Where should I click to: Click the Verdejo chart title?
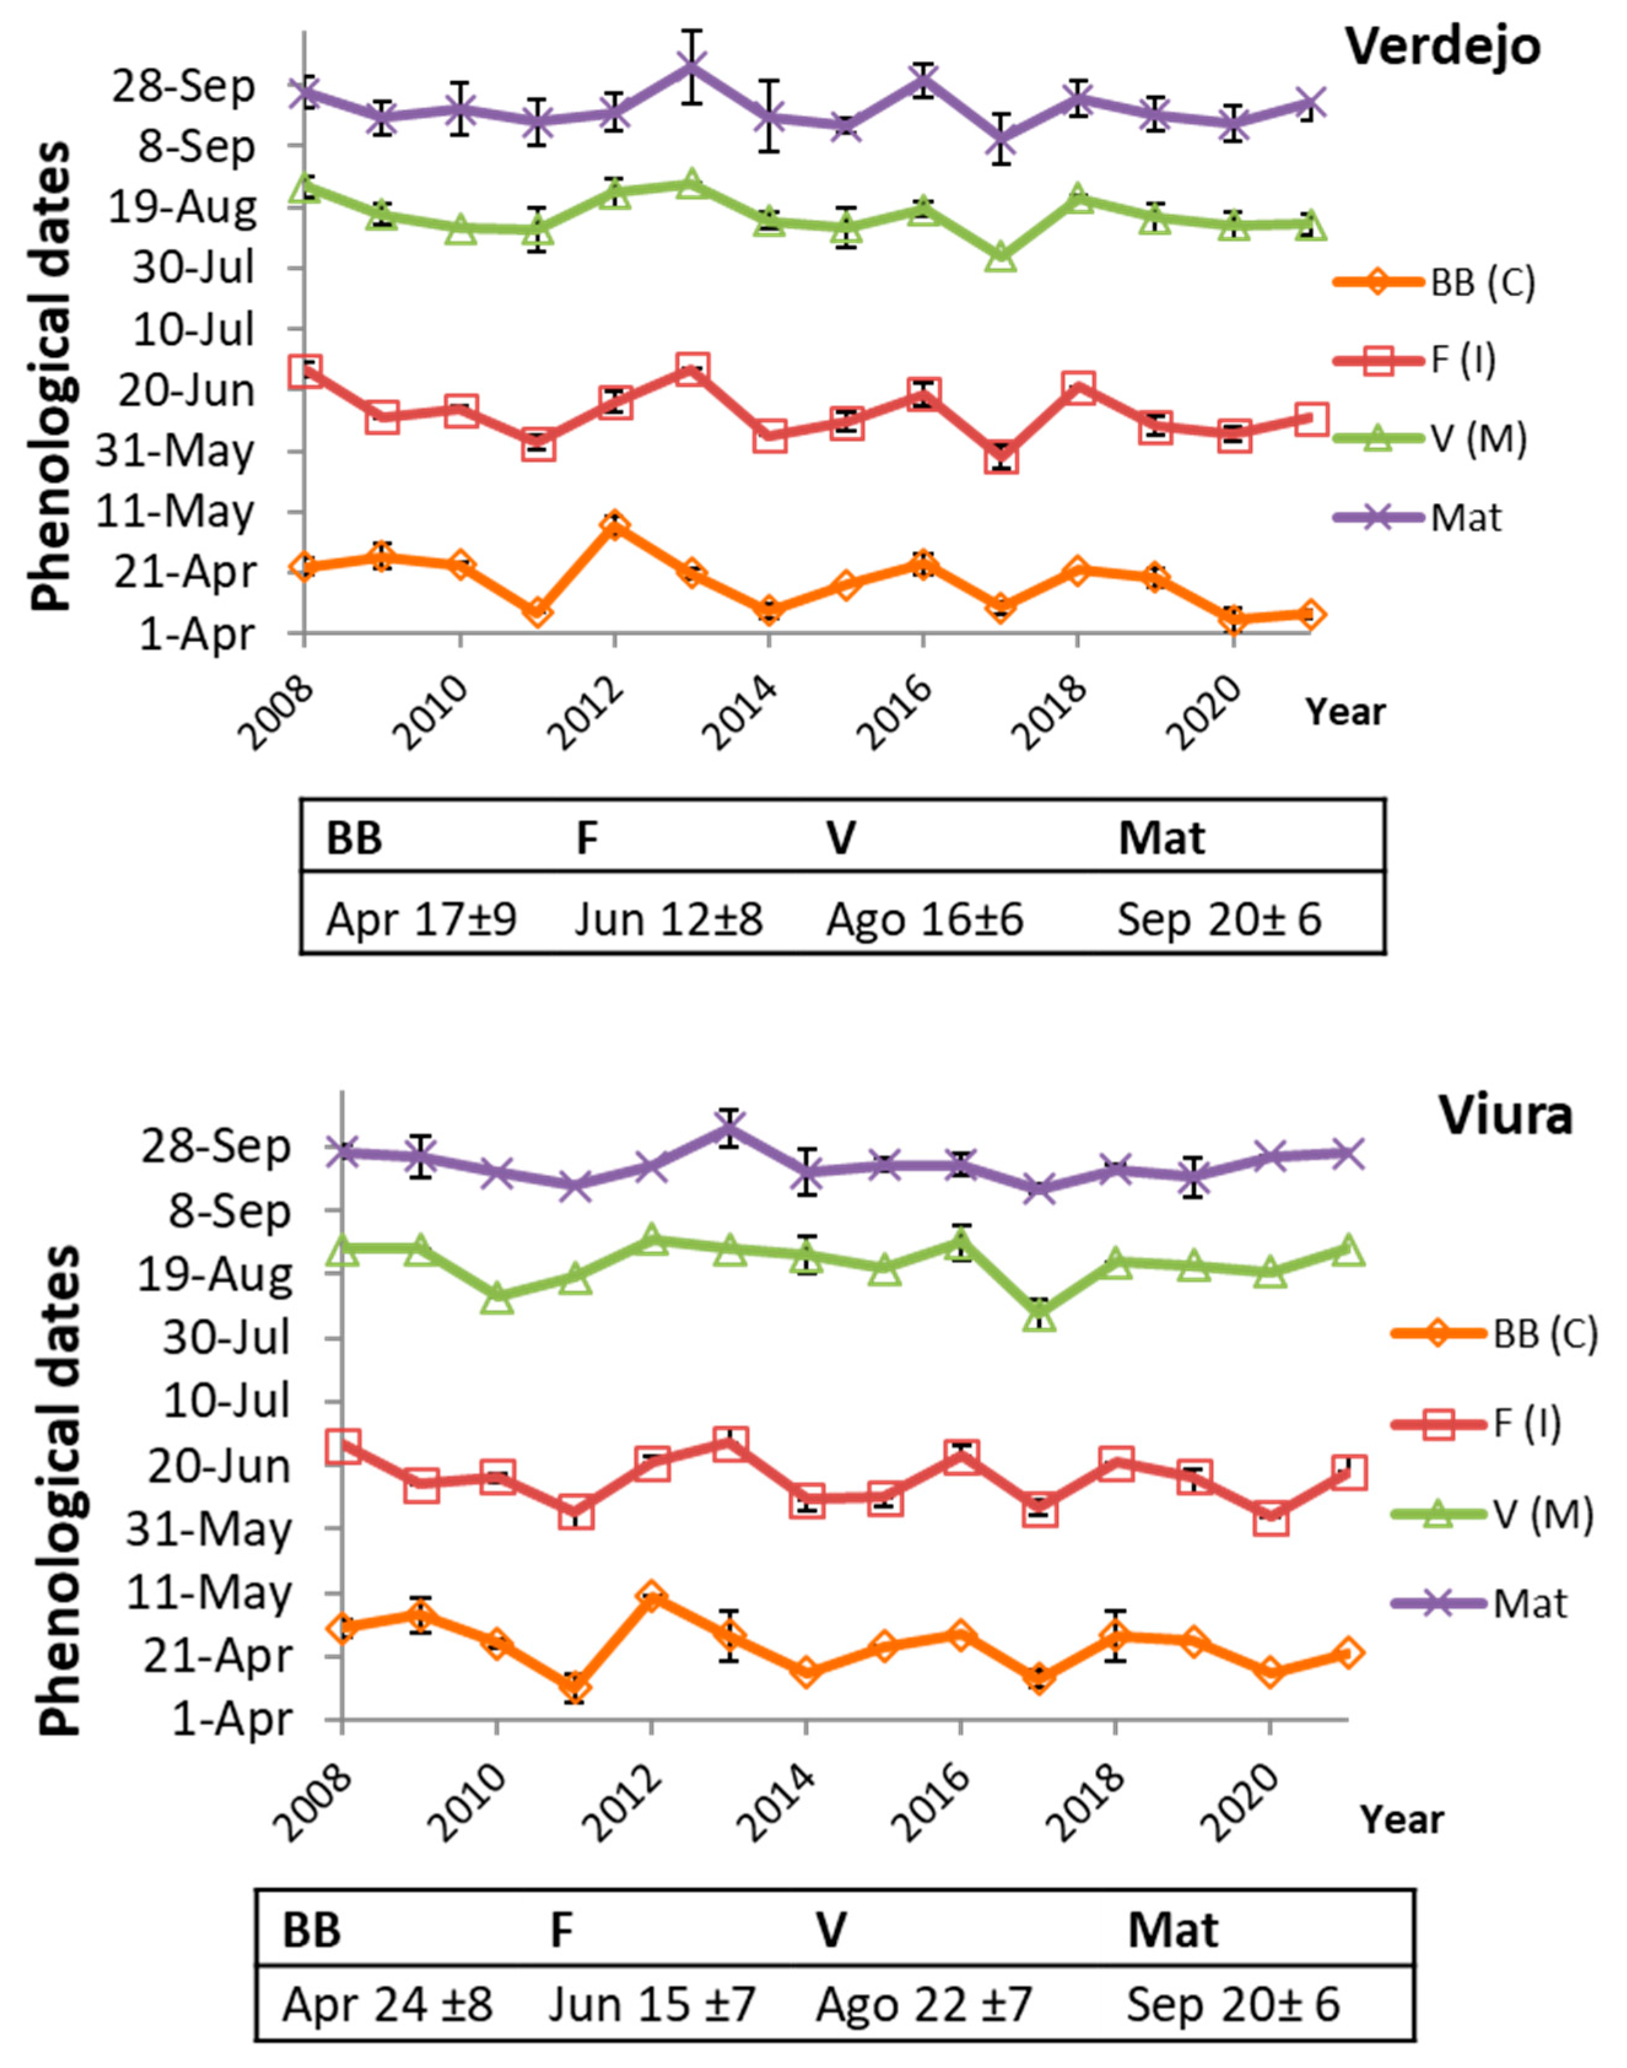pyautogui.click(x=1442, y=46)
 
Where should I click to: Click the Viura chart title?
pyautogui.click(x=1505, y=1114)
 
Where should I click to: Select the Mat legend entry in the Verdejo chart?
pyautogui.click(x=1465, y=517)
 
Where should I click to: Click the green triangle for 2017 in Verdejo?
pyautogui.click(x=1000, y=255)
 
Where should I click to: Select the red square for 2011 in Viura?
pyautogui.click(x=575, y=1511)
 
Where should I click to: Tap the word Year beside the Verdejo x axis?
pyautogui.click(x=1344, y=711)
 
